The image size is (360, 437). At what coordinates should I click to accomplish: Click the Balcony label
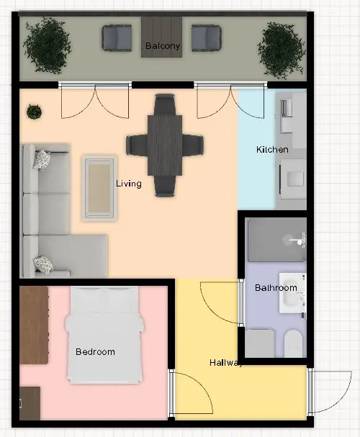(163, 45)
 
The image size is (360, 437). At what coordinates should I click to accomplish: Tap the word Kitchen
(272, 150)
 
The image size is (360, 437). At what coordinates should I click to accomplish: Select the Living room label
(129, 184)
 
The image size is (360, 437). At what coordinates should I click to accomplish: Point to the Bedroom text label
(95, 352)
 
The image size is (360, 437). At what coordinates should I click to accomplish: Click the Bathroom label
(276, 288)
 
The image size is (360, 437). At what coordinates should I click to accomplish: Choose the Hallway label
(225, 363)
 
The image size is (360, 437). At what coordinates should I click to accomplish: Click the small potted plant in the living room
(34, 112)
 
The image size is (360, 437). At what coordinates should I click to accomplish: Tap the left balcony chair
(117, 38)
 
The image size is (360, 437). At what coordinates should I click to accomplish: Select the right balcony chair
(207, 38)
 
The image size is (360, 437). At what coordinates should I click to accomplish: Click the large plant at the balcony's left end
(48, 45)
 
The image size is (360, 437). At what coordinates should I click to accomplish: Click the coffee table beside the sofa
(99, 188)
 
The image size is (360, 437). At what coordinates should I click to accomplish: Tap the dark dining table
(165, 145)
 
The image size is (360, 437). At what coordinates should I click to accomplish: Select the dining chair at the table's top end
(165, 104)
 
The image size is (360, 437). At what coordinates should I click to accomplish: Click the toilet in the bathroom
(293, 343)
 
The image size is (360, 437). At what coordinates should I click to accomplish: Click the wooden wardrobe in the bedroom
(34, 325)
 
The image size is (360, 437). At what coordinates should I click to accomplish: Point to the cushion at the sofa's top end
(42, 159)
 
